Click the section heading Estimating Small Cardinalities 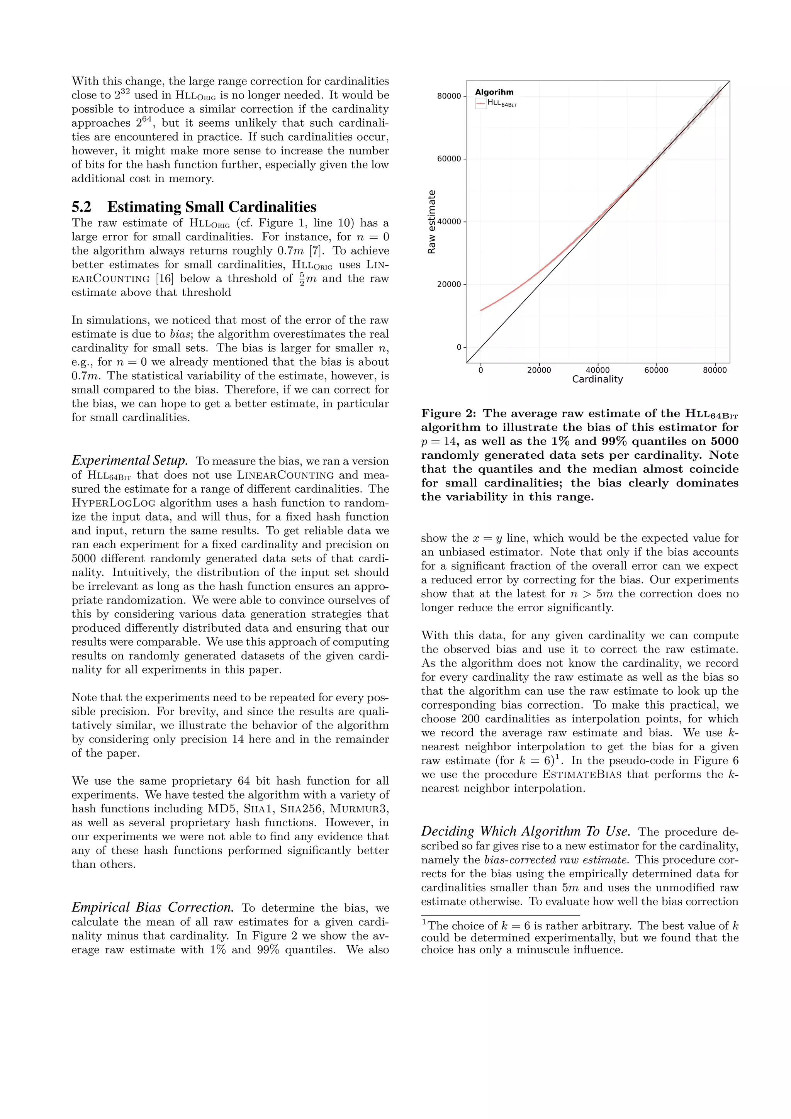coord(212,207)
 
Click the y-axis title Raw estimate coord(431,222)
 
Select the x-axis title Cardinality coord(597,379)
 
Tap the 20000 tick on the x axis coord(539,370)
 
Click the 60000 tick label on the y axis coord(449,159)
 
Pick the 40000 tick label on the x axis coord(597,370)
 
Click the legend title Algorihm coord(494,92)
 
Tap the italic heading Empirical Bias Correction coord(153,907)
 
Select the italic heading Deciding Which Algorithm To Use coord(526,831)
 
